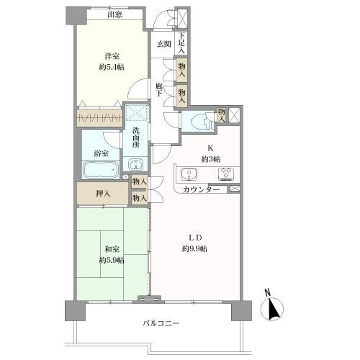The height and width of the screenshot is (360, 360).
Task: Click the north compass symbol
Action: tap(272, 308)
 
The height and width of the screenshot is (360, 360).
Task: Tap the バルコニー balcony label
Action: tap(161, 323)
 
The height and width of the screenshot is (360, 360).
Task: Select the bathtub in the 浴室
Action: tap(101, 170)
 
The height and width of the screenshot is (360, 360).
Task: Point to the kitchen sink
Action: tap(189, 174)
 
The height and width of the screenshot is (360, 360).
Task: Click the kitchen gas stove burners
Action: tap(226, 174)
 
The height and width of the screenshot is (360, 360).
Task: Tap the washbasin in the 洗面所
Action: tap(135, 165)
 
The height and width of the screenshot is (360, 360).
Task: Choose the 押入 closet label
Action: tap(103, 194)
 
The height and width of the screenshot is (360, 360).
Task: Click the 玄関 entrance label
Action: tap(164, 44)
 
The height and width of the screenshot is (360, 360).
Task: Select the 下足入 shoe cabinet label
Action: tap(181, 43)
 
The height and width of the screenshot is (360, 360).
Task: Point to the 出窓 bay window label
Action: tap(114, 15)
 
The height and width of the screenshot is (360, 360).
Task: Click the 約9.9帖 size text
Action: tap(194, 248)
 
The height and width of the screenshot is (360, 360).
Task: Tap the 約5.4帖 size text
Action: tap(112, 67)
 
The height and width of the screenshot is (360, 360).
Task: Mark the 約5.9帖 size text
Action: tap(112, 260)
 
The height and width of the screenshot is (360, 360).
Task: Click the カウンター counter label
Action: tap(201, 190)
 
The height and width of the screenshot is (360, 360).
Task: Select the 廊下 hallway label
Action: tap(158, 90)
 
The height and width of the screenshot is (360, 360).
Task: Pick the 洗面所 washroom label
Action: tap(135, 138)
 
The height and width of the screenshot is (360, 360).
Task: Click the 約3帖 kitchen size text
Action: tap(211, 159)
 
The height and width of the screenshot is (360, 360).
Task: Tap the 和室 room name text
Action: tap(112, 249)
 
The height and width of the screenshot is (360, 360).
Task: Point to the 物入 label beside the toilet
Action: tap(221, 115)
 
